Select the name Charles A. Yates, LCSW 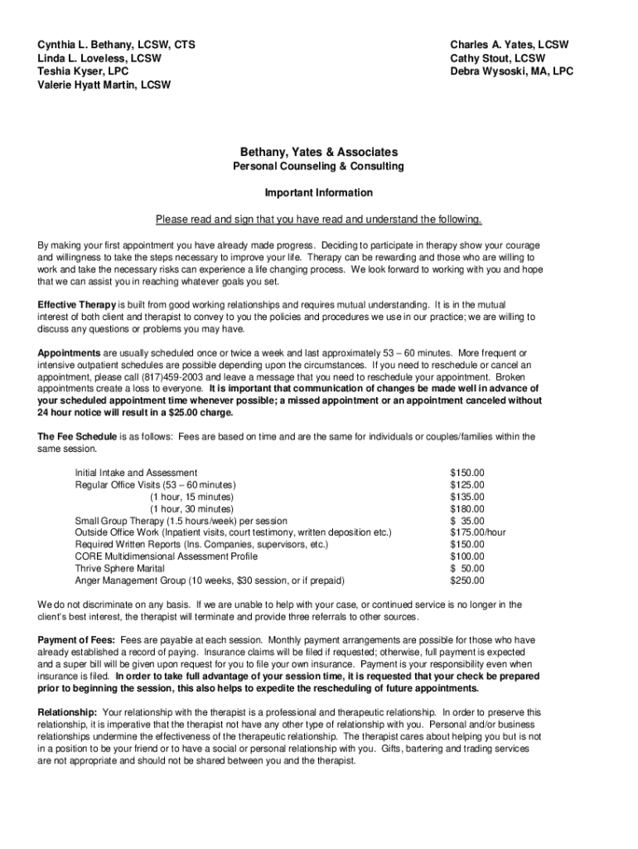point(510,45)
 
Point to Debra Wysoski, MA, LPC point(511,71)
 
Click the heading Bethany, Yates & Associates point(319,152)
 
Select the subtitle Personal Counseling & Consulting point(319,167)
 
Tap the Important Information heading point(319,193)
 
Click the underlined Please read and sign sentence point(319,220)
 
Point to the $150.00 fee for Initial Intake point(466,473)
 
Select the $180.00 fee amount point(466,509)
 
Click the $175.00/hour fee point(478,532)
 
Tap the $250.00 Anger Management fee point(466,580)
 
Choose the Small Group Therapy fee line point(181,521)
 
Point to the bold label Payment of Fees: point(77,640)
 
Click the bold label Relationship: point(68,712)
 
